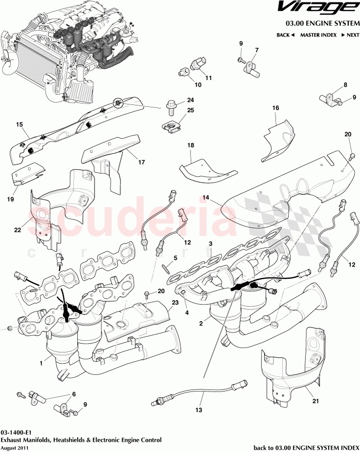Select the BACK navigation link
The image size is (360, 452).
285,35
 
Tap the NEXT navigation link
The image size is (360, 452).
350,35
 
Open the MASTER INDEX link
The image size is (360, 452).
318,35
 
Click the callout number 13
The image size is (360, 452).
198,411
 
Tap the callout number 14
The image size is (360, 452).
206,197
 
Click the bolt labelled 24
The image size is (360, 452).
171,104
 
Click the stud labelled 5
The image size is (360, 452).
166,267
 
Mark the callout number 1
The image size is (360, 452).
41,362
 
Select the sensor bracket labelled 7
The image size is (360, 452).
253,66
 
